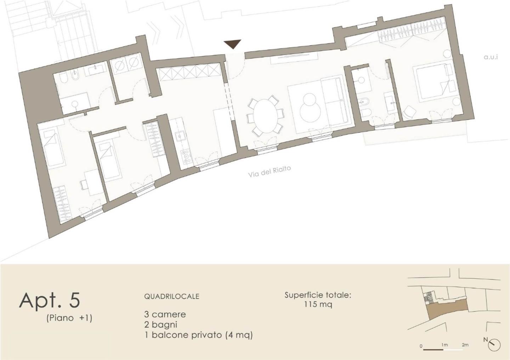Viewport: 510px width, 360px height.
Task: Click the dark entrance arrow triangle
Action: [x=232, y=44]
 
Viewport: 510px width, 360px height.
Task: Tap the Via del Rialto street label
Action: [x=269, y=171]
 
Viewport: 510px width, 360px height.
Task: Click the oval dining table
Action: [x=266, y=116]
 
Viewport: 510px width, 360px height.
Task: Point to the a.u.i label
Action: [x=491, y=57]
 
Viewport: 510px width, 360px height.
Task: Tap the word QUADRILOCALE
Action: [x=172, y=296]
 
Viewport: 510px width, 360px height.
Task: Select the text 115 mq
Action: [x=318, y=304]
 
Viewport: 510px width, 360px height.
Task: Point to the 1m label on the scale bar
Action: [x=444, y=345]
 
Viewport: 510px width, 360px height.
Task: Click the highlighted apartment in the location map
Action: [x=447, y=309]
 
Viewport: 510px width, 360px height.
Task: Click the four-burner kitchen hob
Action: [x=186, y=156]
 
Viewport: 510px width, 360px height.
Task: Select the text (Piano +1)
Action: [x=69, y=318]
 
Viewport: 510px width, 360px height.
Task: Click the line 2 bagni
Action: [x=160, y=325]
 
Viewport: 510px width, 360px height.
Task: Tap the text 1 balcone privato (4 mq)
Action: [x=198, y=335]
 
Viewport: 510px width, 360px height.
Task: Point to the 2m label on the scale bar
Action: [x=465, y=345]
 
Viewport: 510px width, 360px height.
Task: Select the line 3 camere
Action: [x=165, y=314]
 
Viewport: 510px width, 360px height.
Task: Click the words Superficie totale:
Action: [x=318, y=295]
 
